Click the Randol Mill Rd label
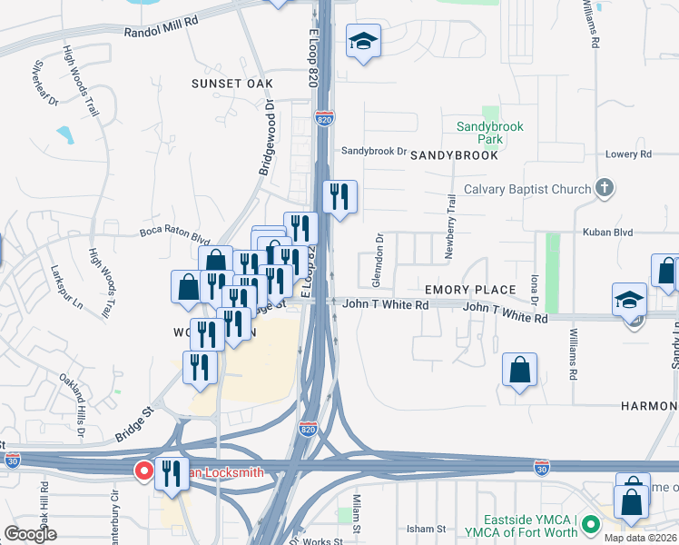[x=161, y=29]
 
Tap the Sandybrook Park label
[x=490, y=134]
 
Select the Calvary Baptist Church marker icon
[x=604, y=189]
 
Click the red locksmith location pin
[x=143, y=471]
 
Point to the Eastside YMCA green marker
[x=591, y=524]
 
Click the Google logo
[x=30, y=534]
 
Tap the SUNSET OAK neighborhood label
[x=231, y=84]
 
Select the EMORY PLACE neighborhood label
[x=470, y=290]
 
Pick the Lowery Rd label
[x=628, y=154]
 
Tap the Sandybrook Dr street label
[x=373, y=151]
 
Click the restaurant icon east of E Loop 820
[x=339, y=196]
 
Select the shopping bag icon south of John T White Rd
[x=519, y=370]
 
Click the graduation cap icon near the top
[x=363, y=41]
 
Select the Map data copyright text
[x=640, y=538]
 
